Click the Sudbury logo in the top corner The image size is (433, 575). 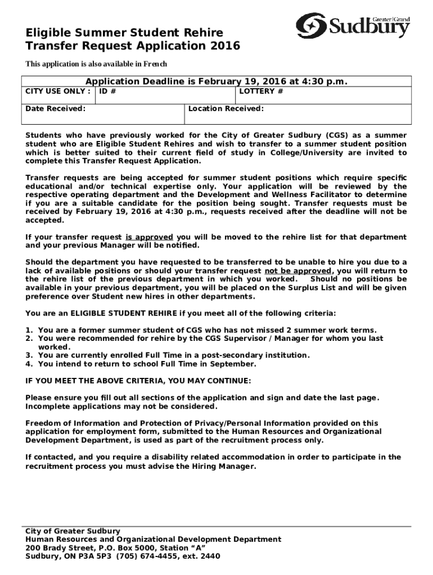tap(353, 26)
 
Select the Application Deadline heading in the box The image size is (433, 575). tap(216, 81)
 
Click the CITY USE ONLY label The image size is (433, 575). tap(58, 91)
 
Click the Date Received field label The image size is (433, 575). tap(56, 108)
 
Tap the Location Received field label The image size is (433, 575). tap(226, 108)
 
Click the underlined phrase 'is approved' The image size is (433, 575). tap(149, 237)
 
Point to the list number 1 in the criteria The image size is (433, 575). tap(29, 330)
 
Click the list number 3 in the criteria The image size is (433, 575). tap(29, 355)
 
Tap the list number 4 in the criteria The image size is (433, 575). tap(29, 364)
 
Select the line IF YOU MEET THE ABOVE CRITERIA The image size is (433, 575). tap(138, 381)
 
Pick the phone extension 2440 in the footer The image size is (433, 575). tap(209, 556)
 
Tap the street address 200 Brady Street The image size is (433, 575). tap(57, 548)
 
